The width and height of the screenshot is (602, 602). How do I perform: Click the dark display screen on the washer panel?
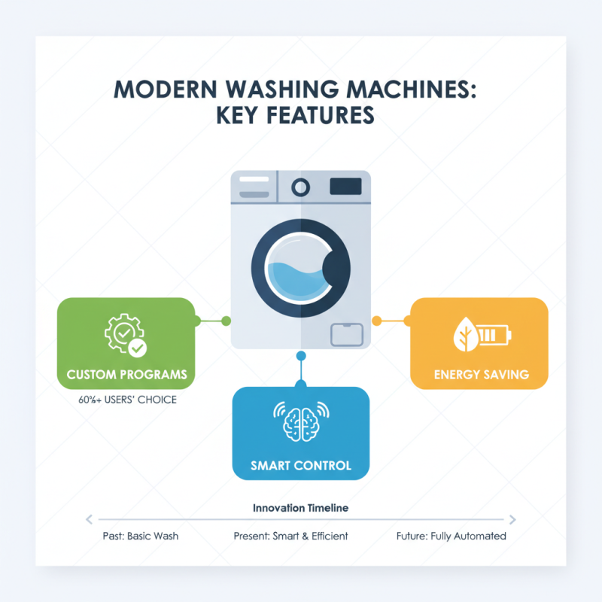coord(345,187)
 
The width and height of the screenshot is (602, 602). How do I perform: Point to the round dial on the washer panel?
coord(300,187)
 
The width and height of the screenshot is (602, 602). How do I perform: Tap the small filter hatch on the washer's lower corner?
coord(347,334)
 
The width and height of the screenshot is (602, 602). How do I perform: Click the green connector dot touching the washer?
coord(227,321)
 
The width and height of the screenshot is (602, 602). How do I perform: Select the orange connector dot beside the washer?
coord(377,321)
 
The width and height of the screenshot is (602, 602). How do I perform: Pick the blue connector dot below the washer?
coord(301,356)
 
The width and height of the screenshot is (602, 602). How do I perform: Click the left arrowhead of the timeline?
coord(89,519)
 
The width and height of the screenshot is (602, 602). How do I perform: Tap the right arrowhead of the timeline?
coord(512,519)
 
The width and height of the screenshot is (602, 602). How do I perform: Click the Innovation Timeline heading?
coord(300,508)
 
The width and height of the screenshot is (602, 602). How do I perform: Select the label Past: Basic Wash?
coord(141,536)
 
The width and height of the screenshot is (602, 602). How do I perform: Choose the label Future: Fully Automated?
coord(451,536)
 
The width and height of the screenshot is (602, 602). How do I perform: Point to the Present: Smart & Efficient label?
coord(290,536)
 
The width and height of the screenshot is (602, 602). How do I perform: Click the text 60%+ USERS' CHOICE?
coord(127,400)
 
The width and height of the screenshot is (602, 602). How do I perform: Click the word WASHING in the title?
coord(282,89)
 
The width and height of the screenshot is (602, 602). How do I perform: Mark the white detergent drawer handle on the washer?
coord(254,179)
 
